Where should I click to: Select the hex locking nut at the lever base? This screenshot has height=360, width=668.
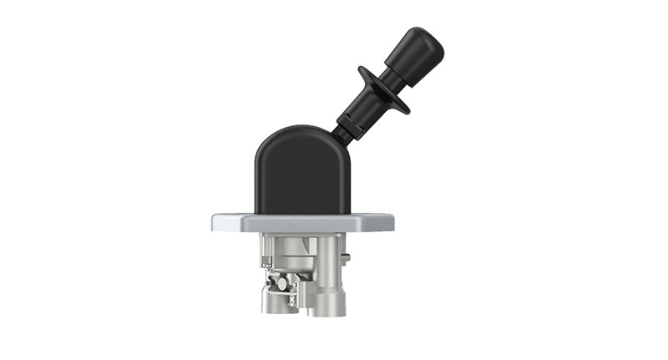click(348, 126)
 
